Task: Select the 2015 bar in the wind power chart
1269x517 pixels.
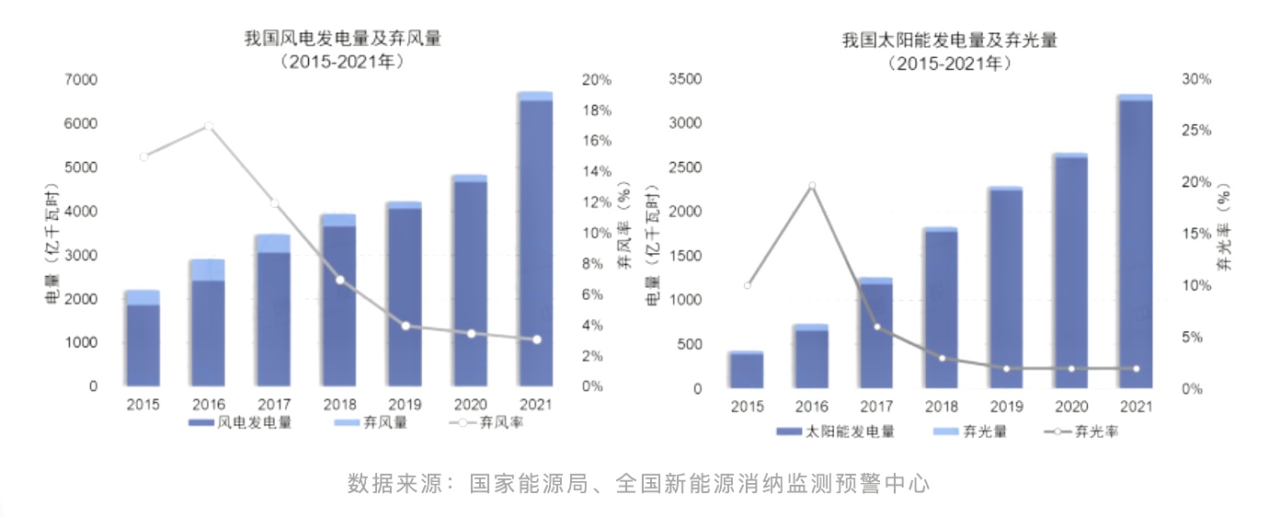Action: point(143,340)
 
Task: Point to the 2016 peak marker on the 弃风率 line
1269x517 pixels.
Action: point(209,126)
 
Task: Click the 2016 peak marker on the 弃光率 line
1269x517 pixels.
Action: point(811,186)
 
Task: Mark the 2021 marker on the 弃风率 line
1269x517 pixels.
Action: point(536,339)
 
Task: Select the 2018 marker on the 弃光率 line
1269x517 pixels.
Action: point(942,358)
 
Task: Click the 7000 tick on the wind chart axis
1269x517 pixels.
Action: point(81,80)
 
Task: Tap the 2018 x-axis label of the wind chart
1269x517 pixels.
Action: point(339,404)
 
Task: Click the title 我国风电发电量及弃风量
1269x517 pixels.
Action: point(342,39)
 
